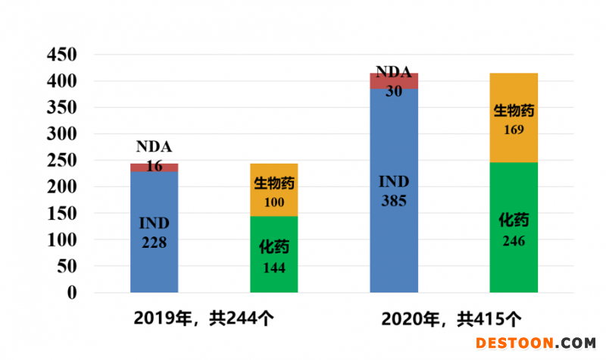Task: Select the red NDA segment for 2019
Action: [x=154, y=167]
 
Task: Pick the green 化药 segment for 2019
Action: [x=273, y=254]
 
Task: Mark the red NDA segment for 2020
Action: [x=393, y=81]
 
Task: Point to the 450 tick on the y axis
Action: [x=62, y=55]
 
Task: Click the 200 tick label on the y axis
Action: [x=62, y=186]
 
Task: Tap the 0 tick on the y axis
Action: [x=72, y=293]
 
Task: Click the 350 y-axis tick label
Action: [x=62, y=108]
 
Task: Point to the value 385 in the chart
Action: [x=394, y=201]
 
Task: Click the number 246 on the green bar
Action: [x=514, y=241]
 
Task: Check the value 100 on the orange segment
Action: [x=273, y=202]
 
